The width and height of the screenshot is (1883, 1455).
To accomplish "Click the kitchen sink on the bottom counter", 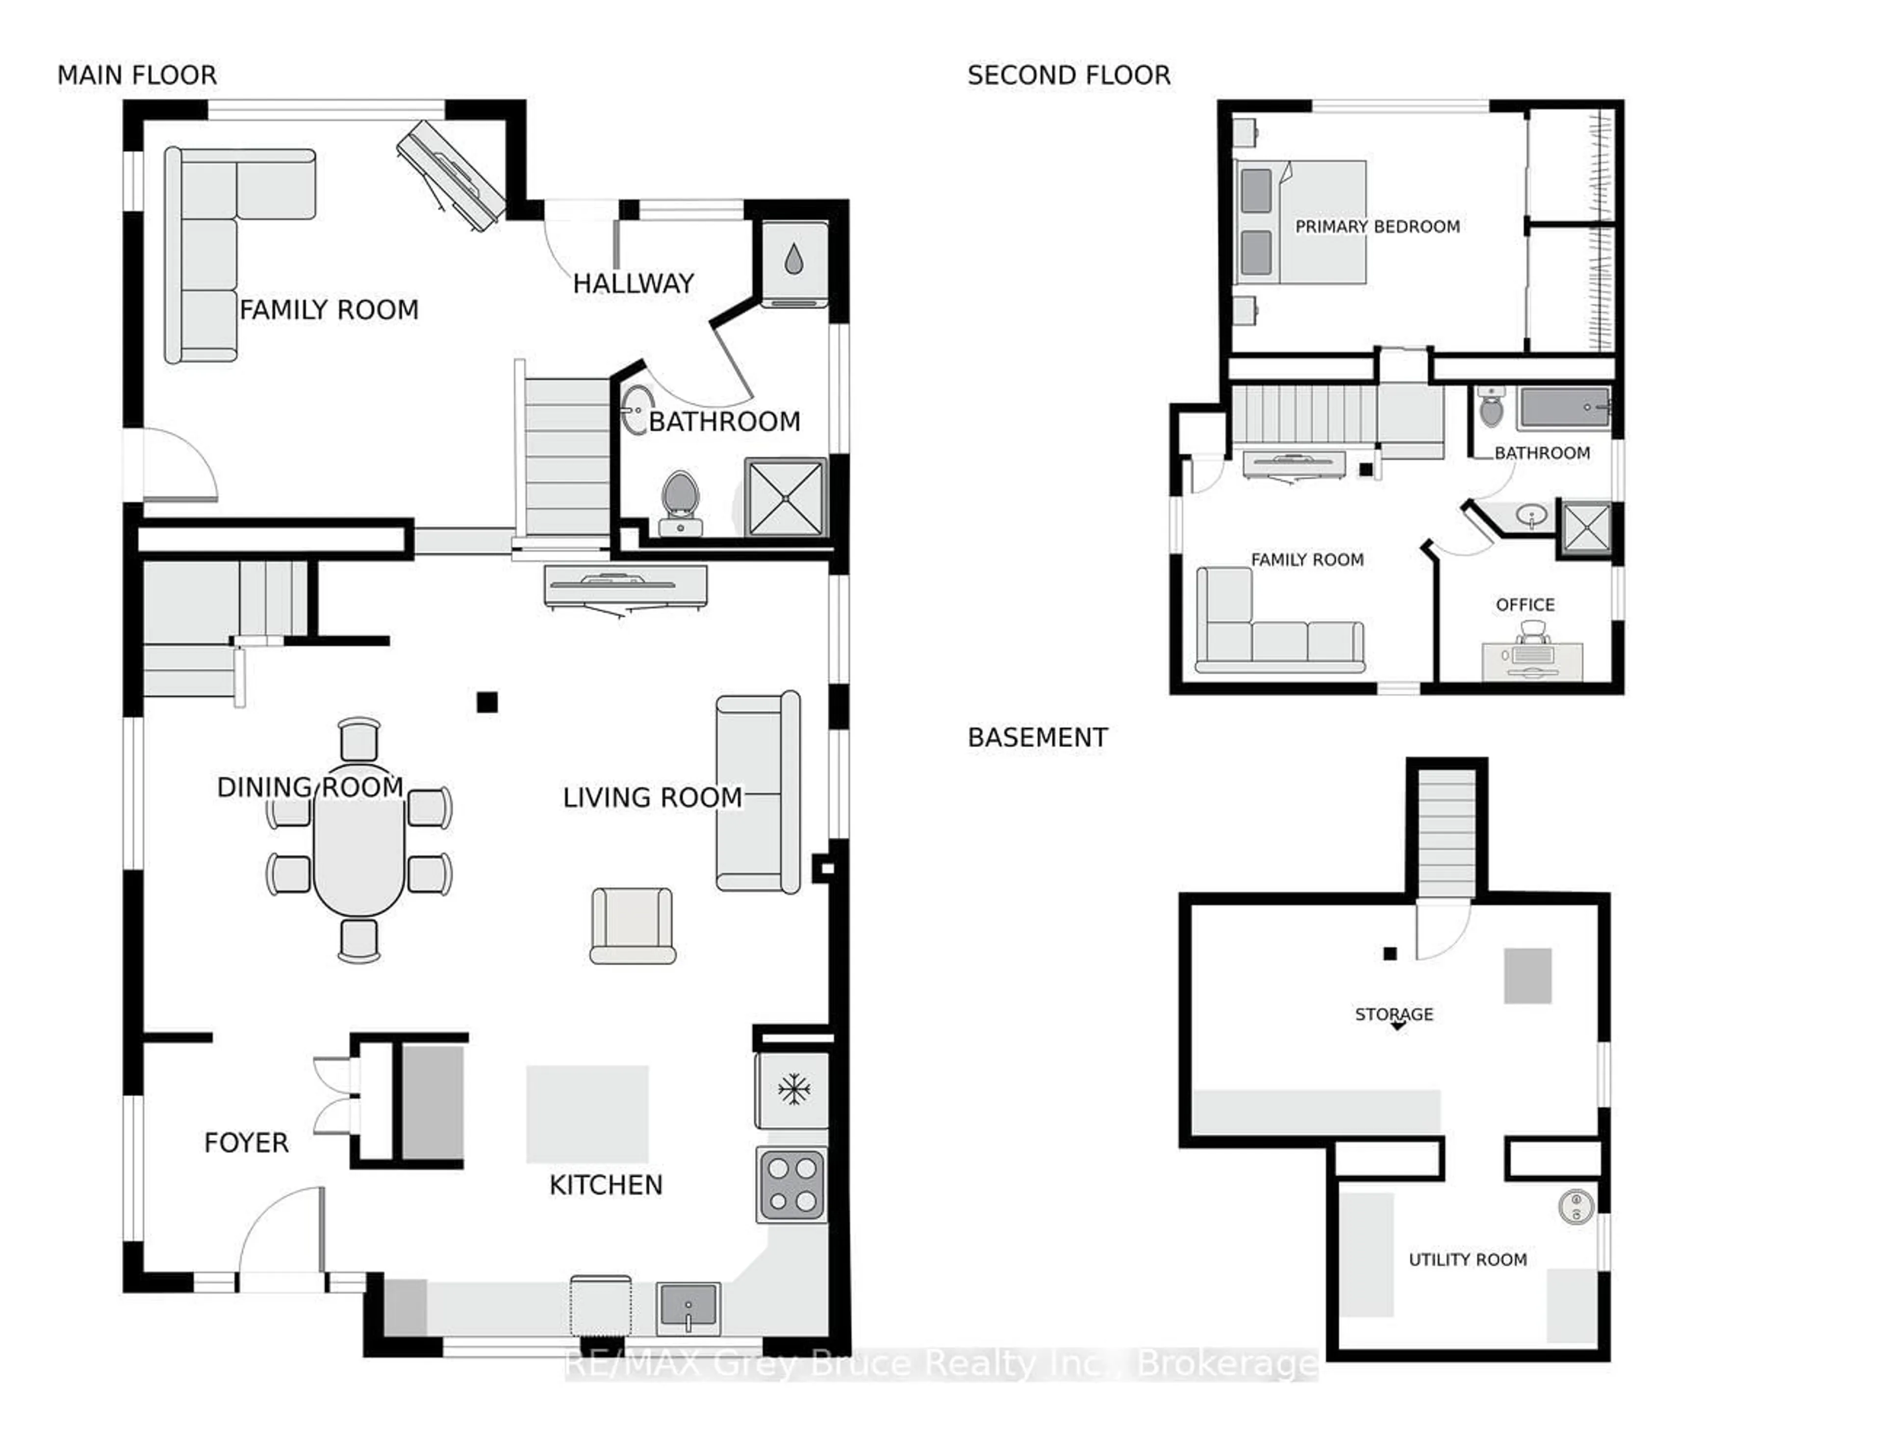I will pyautogui.click(x=688, y=1307).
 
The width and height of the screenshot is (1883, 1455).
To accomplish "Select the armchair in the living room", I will pyautogui.click(x=632, y=925).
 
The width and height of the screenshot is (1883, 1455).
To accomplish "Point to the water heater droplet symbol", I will pyautogui.click(x=794, y=258).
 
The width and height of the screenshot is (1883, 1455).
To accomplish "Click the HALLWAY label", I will pyautogui.click(x=633, y=283).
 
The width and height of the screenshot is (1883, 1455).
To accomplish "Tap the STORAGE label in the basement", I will pyautogui.click(x=1393, y=1015).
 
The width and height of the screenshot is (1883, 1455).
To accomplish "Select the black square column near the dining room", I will pyautogui.click(x=487, y=702).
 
